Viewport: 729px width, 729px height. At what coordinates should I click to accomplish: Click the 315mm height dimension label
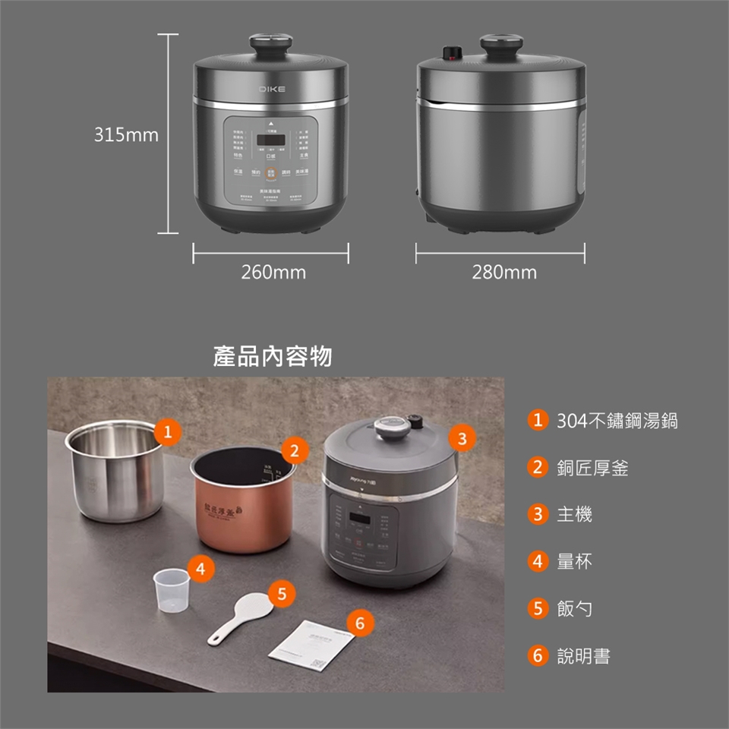(126, 135)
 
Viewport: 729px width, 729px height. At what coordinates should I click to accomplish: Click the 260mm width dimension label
(273, 272)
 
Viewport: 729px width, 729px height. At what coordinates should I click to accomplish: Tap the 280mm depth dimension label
(503, 272)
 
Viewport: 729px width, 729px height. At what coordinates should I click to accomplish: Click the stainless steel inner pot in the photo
(114, 471)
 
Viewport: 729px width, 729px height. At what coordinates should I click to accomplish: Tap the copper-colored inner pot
(241, 501)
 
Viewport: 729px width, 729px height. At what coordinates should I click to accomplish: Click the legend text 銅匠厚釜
(592, 469)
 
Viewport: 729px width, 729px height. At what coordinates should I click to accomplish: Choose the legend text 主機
(574, 515)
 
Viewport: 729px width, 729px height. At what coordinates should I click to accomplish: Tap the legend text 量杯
(574, 562)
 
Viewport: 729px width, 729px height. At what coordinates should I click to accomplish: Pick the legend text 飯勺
(574, 609)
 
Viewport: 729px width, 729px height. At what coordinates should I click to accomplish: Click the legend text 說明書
(583, 656)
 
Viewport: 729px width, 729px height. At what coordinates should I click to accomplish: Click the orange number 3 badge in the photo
(462, 438)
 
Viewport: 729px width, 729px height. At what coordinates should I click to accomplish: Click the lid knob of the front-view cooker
(271, 42)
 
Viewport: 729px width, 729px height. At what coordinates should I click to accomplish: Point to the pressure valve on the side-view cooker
(452, 52)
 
